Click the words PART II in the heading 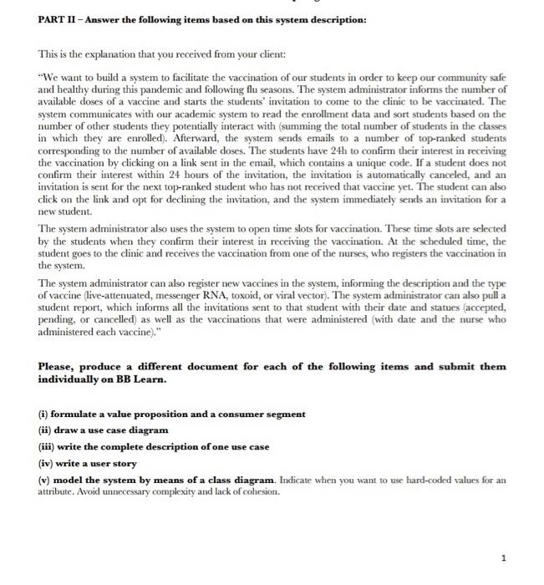(x=56, y=19)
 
